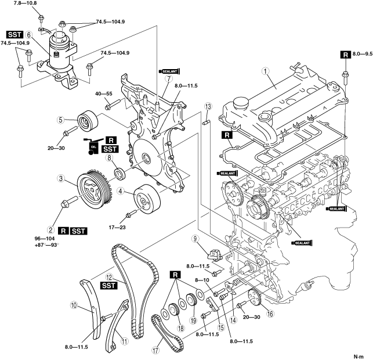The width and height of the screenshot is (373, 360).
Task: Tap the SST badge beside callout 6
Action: coord(15,35)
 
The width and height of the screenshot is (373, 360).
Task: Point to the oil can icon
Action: coord(91,149)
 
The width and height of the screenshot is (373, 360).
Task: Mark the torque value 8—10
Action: coord(203,280)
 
